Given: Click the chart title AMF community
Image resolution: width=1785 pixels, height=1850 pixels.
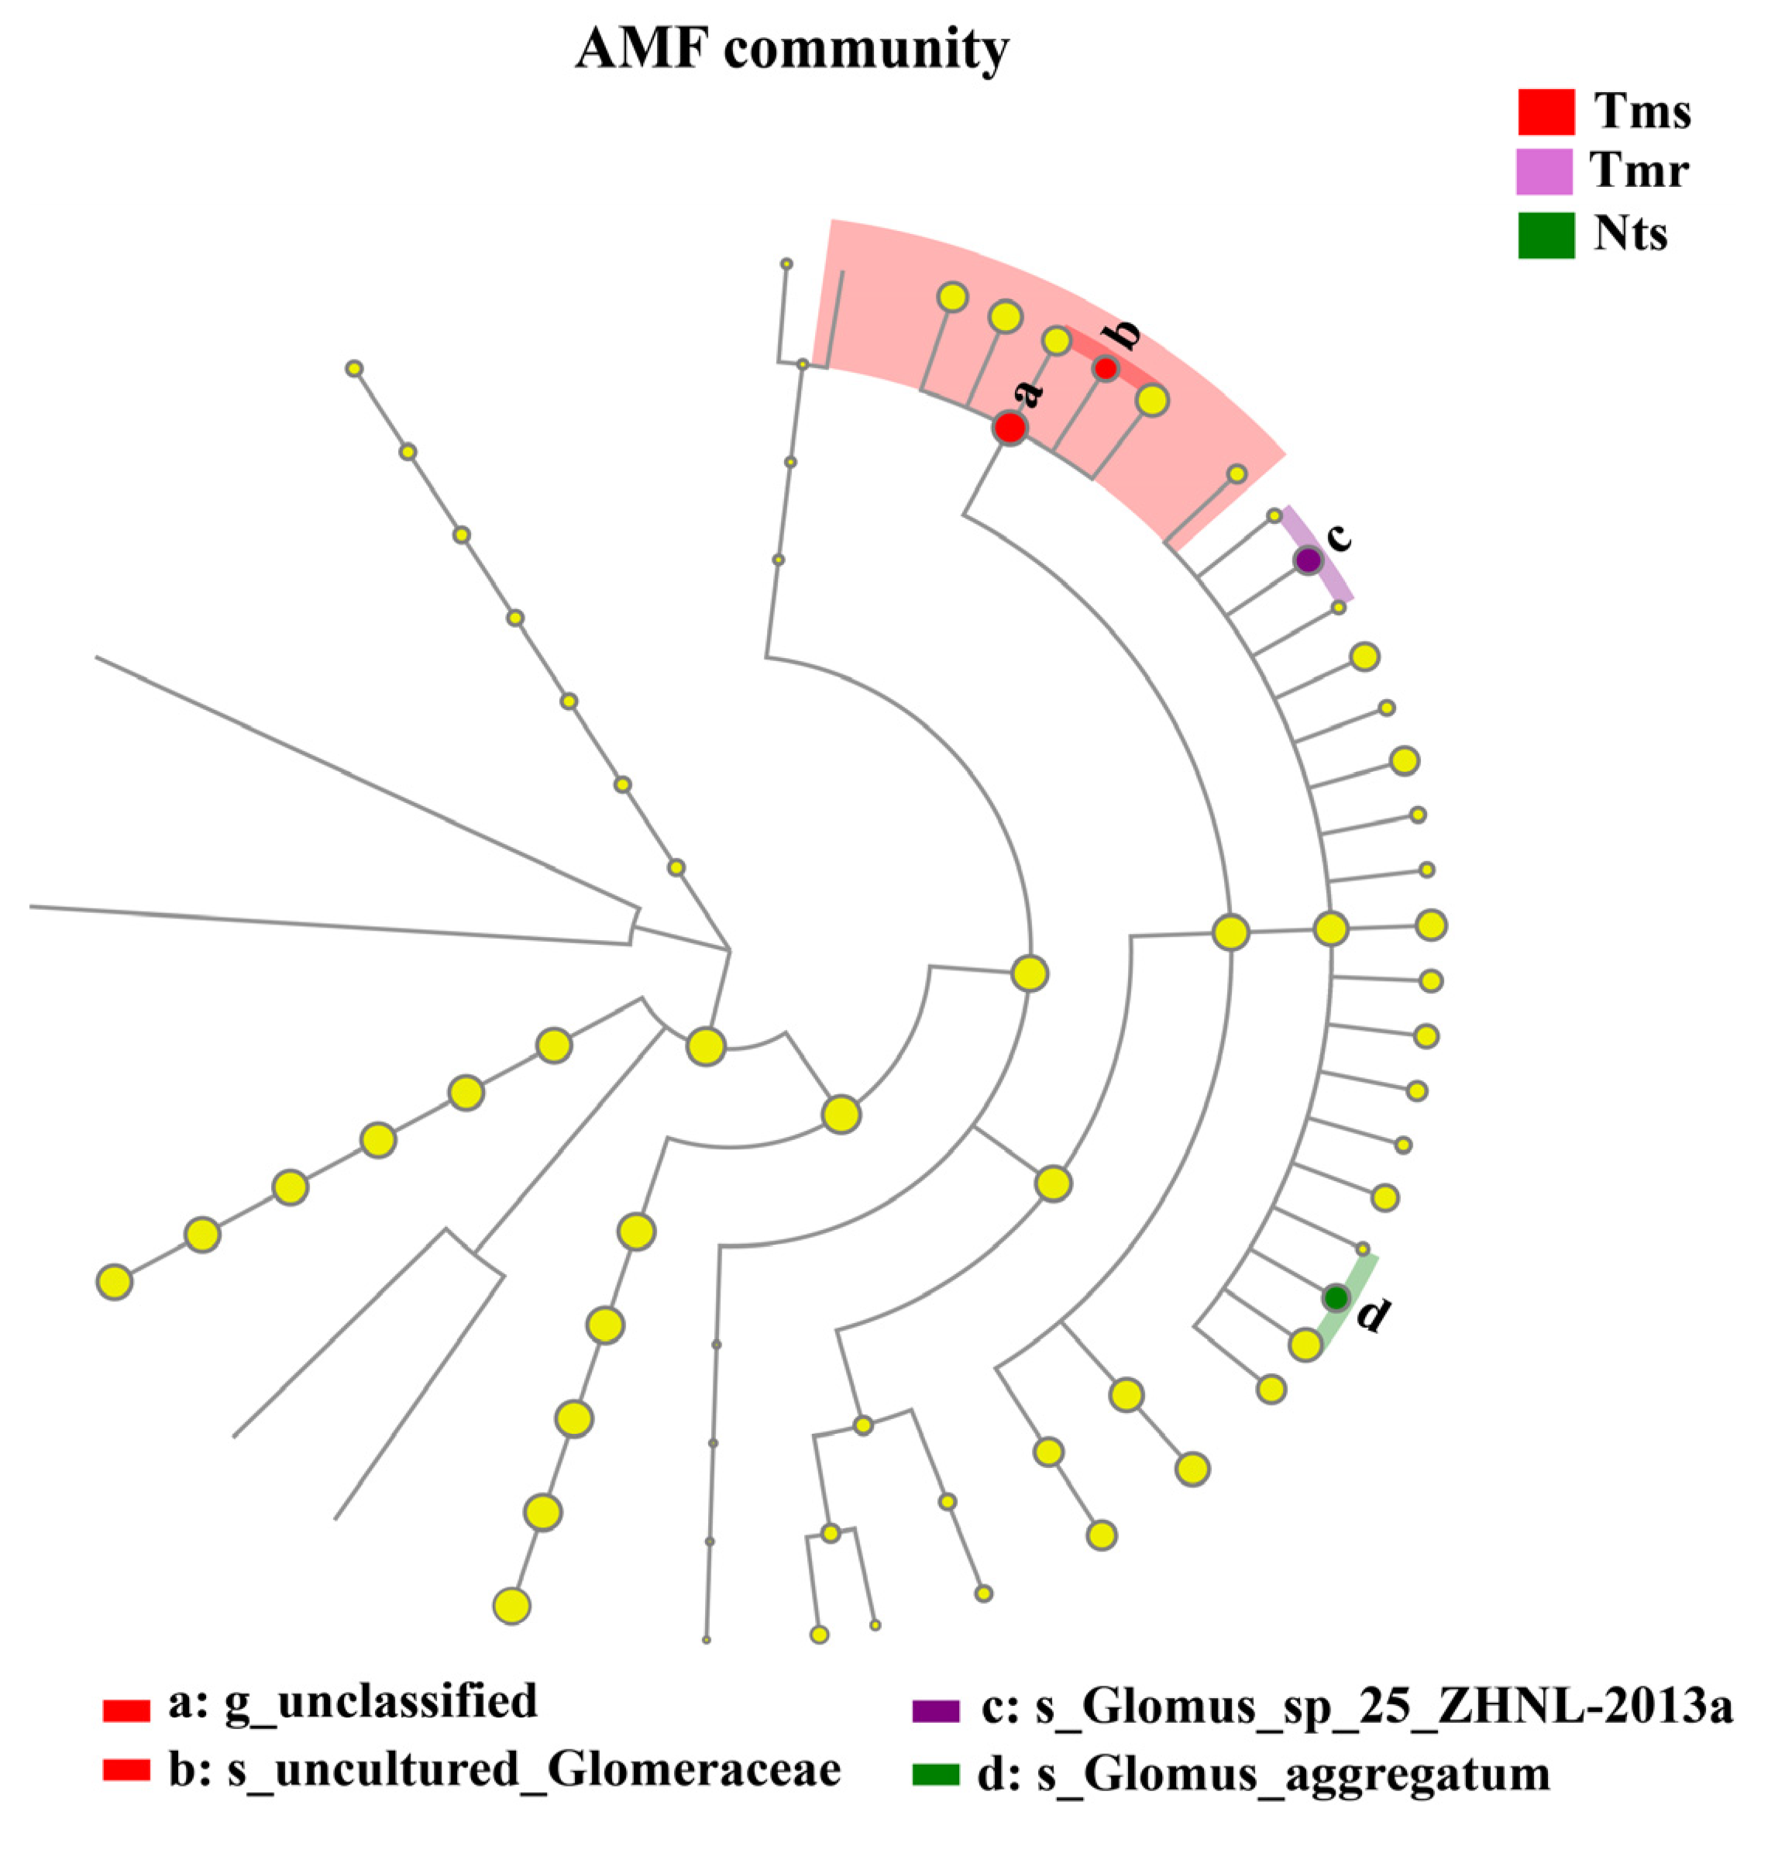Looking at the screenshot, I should [x=792, y=49].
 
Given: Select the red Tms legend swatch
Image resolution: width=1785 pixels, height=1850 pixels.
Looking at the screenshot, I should [x=1546, y=112].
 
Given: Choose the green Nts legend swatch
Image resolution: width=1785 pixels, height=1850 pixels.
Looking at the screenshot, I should [x=1546, y=234].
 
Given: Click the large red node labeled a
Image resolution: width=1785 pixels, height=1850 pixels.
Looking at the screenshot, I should [x=1009, y=428].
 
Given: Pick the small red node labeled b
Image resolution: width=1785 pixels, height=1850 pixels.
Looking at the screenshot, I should [x=1105, y=368].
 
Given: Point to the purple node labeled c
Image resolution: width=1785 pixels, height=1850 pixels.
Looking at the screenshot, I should [x=1307, y=560].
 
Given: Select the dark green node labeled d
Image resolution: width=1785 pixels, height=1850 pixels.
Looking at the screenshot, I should [x=1334, y=1298].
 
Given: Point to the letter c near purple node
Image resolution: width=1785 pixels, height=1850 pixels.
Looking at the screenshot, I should [x=1338, y=536].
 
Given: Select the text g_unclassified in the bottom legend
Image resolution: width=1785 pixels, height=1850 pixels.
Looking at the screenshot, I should [x=380, y=1701].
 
